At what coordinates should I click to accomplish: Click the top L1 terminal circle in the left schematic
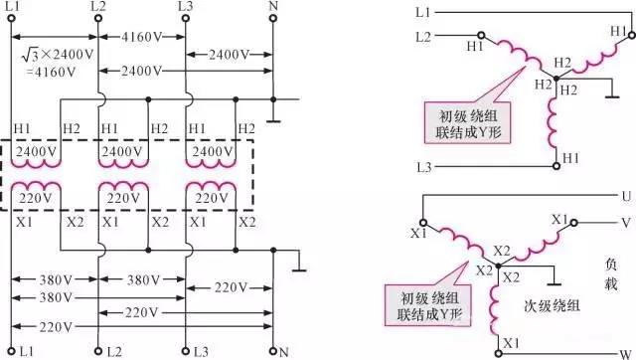click(x=12, y=18)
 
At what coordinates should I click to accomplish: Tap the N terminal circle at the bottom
click(x=273, y=351)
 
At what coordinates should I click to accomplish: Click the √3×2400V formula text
click(x=58, y=55)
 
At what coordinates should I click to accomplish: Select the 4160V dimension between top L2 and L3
click(x=141, y=37)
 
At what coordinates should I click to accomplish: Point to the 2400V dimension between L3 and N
click(x=230, y=54)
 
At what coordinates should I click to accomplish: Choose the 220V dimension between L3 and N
click(x=230, y=288)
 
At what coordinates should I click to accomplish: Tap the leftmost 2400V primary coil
click(x=36, y=163)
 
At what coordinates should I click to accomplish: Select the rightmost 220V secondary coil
click(x=211, y=187)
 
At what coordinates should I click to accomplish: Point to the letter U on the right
click(x=627, y=197)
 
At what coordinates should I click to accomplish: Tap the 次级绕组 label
click(x=552, y=305)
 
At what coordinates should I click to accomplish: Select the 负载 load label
click(x=611, y=274)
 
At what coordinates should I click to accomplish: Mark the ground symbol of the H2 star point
click(x=612, y=97)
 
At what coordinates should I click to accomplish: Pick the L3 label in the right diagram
click(x=424, y=167)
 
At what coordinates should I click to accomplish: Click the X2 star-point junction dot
click(x=499, y=266)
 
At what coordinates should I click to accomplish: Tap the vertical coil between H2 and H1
click(x=553, y=122)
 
